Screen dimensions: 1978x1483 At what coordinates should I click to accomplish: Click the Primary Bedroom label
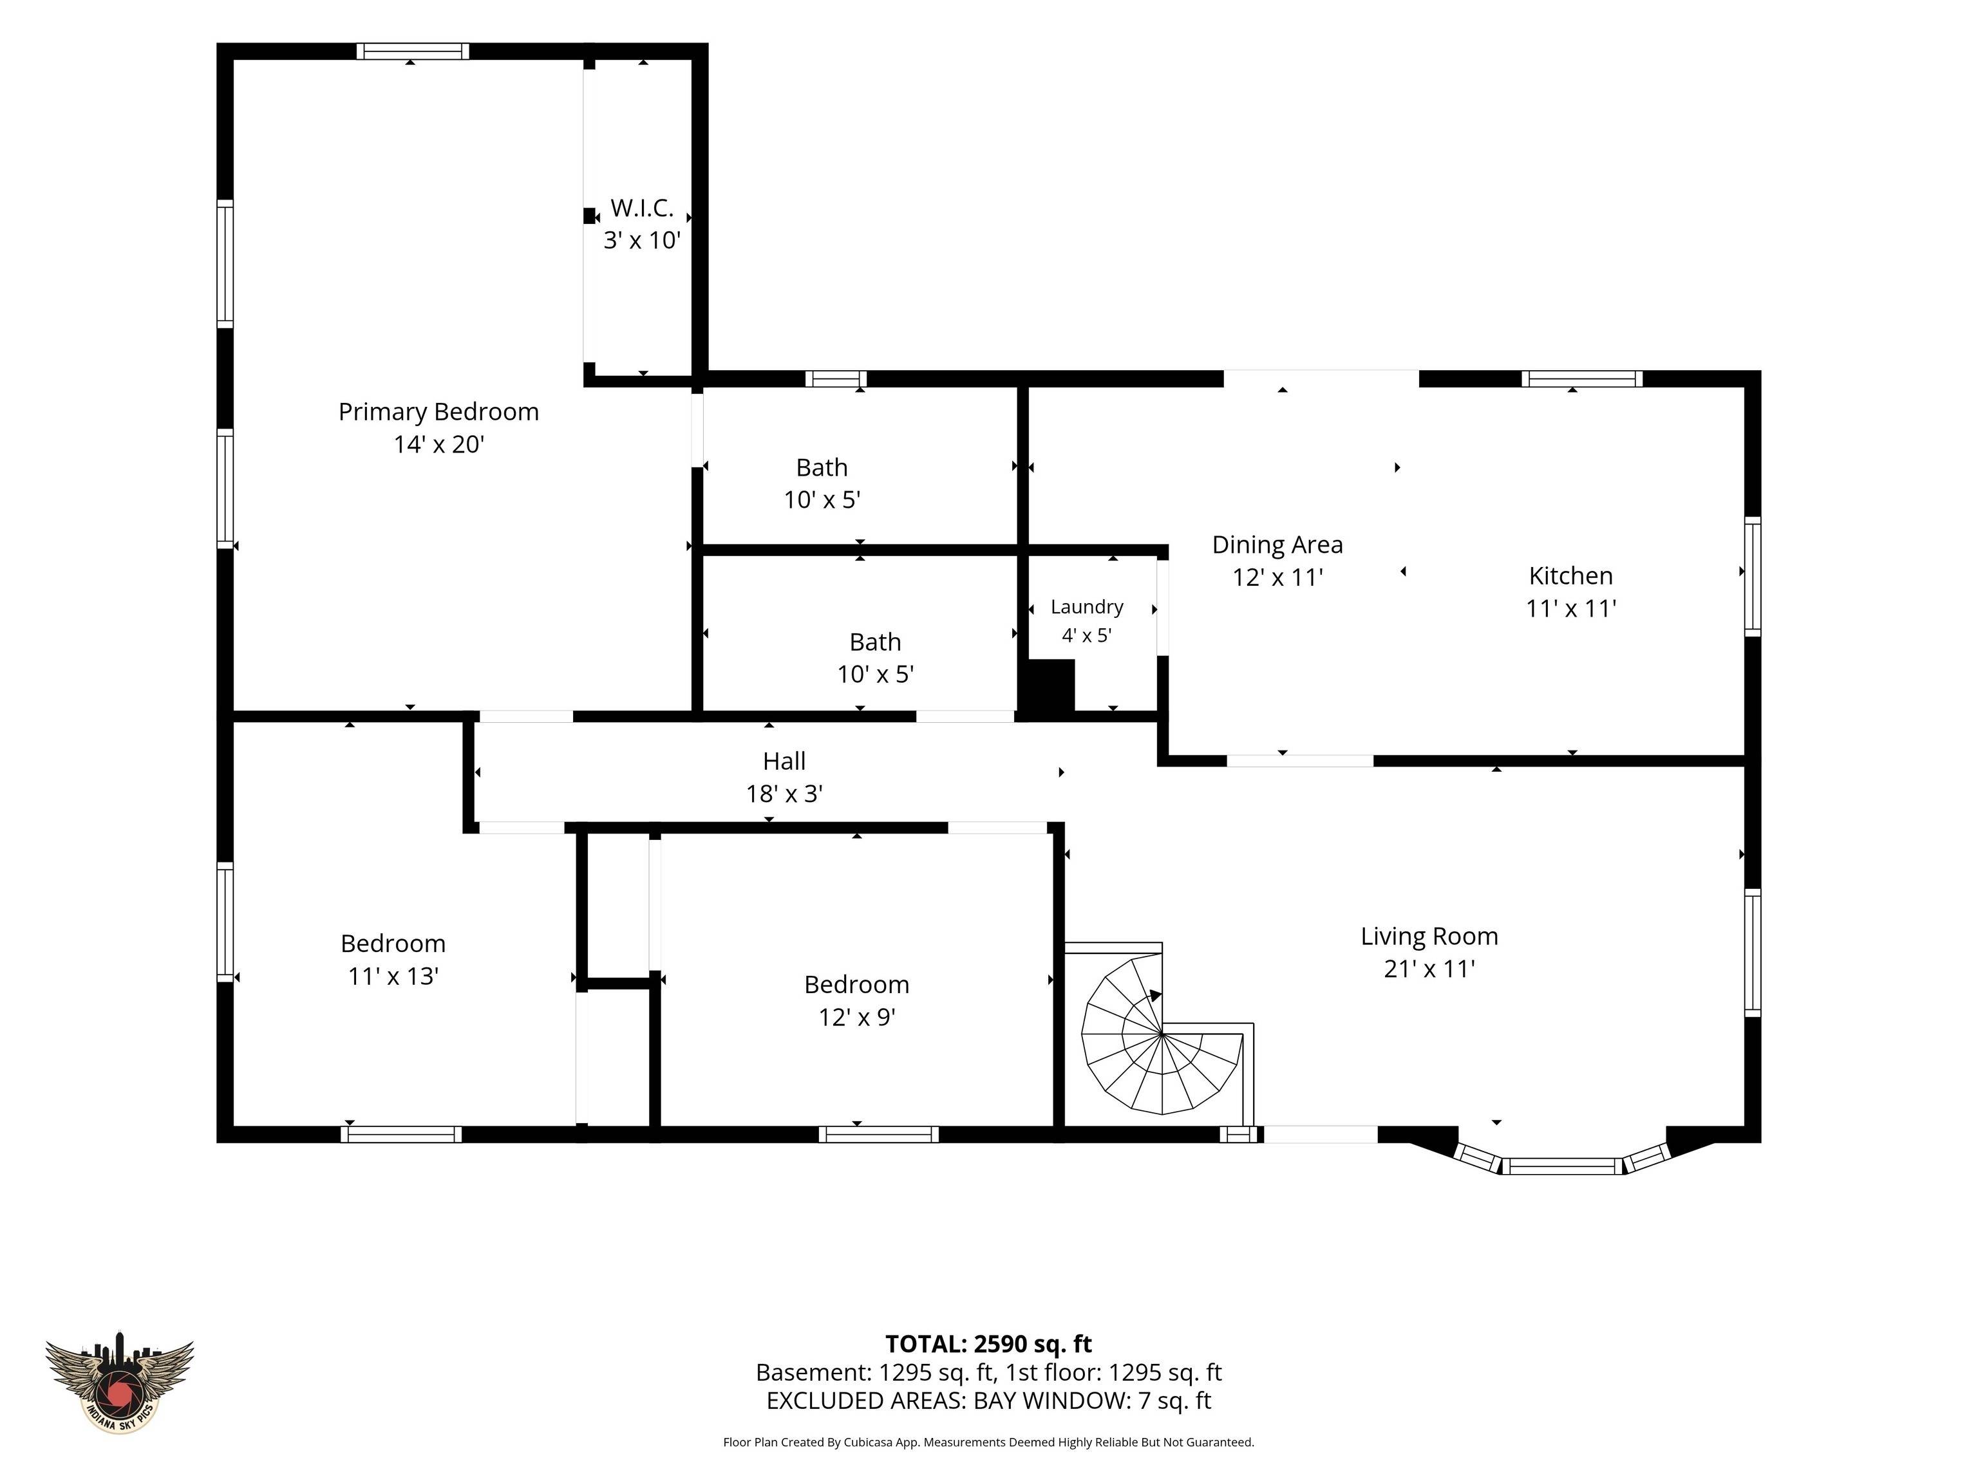pos(438,412)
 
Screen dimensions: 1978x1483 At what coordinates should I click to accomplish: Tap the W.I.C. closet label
pos(642,209)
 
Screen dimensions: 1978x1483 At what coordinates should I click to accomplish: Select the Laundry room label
pos(1086,607)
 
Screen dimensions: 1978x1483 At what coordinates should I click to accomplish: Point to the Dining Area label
pos(1277,545)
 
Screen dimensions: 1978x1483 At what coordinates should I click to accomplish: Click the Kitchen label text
pos(1570,575)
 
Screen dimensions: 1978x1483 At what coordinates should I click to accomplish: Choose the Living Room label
pos(1429,936)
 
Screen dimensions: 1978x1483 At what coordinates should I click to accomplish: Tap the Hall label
pos(784,761)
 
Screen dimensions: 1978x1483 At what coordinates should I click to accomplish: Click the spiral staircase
pos(1162,1035)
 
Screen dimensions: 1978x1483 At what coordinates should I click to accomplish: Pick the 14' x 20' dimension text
pos(438,444)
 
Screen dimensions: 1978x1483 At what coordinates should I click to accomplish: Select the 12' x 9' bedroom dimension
pos(856,1017)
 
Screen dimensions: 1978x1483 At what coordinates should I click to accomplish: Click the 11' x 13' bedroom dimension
pos(393,976)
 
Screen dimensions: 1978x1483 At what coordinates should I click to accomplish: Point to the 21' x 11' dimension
pos(1429,969)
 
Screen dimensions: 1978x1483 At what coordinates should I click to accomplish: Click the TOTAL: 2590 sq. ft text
pos(988,1343)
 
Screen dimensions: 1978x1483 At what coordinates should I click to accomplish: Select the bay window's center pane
pos(1561,1166)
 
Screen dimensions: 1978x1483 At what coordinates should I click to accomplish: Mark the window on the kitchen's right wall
pos(1753,577)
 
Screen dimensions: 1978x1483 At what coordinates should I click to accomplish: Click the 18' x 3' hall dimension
pos(784,794)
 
